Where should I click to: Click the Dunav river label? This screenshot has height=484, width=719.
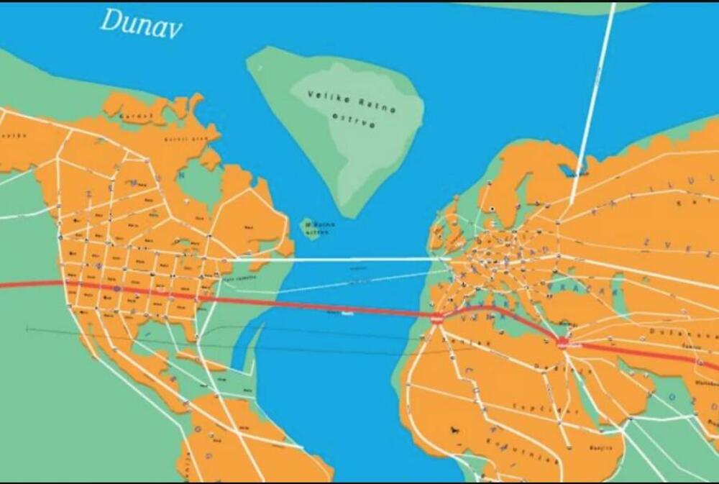coord(141,22)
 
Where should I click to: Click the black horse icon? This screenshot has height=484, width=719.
coord(456,430)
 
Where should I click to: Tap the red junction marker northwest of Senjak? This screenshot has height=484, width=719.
coord(437,318)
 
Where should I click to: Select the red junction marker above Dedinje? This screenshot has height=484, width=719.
coord(563,342)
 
